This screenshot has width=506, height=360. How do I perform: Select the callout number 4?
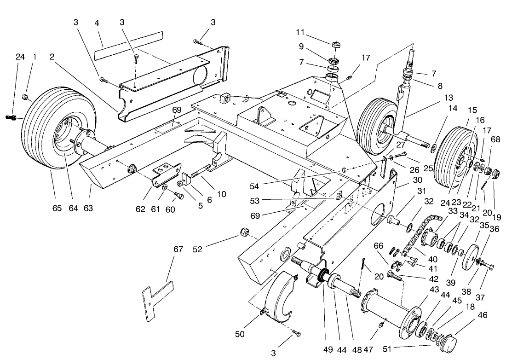[x=97, y=23]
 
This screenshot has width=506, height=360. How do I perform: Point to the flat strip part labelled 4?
[x=129, y=45]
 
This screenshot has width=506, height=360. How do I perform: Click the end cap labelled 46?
[x=453, y=344]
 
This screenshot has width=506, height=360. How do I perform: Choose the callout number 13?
[x=448, y=98]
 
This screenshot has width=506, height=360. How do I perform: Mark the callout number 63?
[x=88, y=208]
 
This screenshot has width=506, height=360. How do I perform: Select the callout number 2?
[x=52, y=57]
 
